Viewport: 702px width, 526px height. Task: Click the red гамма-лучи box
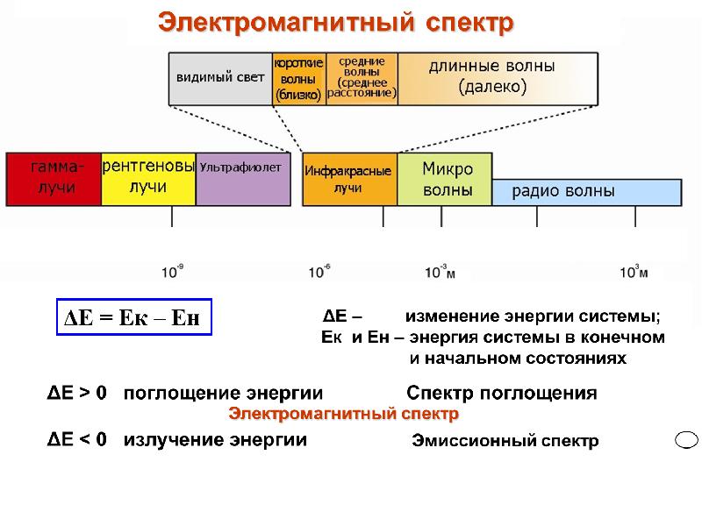(x=54, y=178)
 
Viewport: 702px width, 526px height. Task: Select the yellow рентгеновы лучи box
(x=148, y=178)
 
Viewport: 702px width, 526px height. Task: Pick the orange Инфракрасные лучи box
(x=349, y=180)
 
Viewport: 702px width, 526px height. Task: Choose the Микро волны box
(x=446, y=180)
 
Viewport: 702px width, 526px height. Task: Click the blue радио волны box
(x=586, y=191)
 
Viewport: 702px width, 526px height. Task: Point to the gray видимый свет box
(x=220, y=78)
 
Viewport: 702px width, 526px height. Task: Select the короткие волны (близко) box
(x=298, y=78)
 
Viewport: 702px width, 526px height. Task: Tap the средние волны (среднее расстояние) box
(x=362, y=78)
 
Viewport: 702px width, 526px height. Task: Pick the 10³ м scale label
(x=634, y=273)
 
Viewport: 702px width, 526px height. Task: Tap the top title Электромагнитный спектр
(x=335, y=23)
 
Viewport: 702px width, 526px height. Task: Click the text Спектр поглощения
(x=502, y=394)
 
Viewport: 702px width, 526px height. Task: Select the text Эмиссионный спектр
(x=505, y=442)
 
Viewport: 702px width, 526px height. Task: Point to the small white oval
(x=686, y=439)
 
